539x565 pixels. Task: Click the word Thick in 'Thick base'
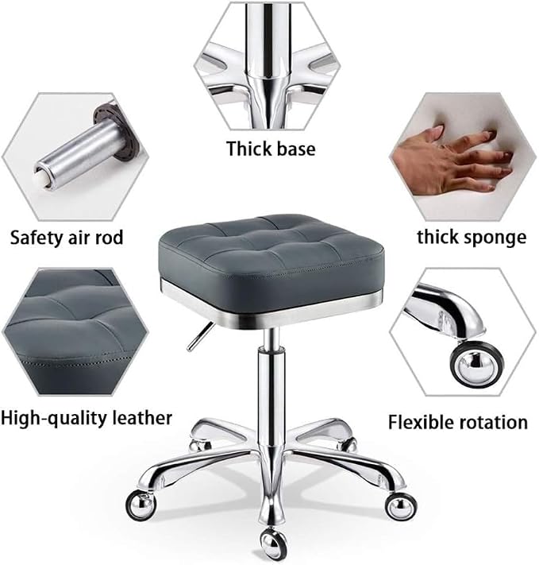click(249, 149)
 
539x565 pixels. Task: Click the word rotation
click(492, 422)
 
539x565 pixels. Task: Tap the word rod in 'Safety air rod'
click(109, 238)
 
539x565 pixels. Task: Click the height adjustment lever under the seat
click(200, 337)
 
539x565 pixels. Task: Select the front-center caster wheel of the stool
click(274, 544)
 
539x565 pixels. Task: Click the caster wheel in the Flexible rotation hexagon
click(476, 364)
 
